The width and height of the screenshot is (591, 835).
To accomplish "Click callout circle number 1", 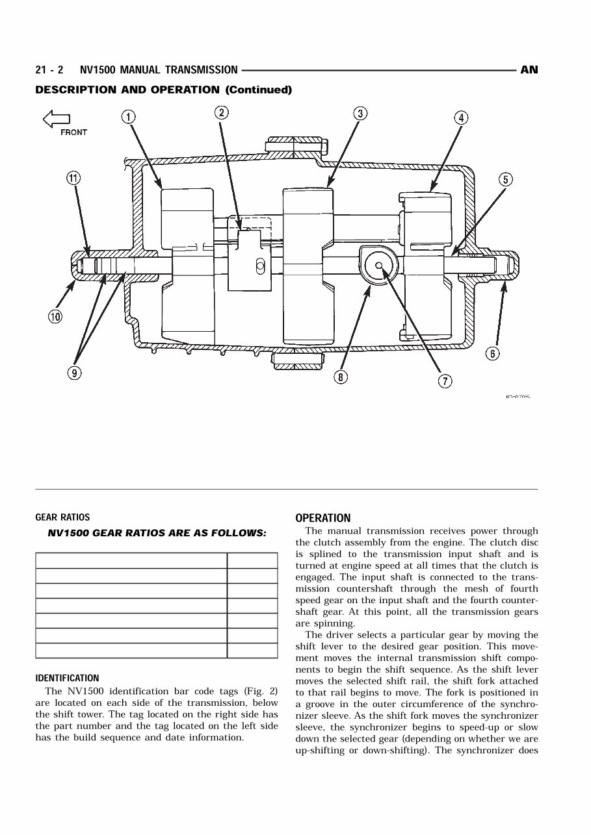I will (x=129, y=117).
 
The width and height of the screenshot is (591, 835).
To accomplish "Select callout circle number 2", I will (x=222, y=112).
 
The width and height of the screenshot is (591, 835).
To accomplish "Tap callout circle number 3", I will (x=360, y=114).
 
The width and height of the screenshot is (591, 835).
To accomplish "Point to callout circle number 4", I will (x=460, y=118).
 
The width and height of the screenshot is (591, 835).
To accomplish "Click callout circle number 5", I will (x=506, y=180).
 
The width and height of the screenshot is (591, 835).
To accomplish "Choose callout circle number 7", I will (x=445, y=381).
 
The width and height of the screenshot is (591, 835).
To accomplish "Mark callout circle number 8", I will (x=340, y=377).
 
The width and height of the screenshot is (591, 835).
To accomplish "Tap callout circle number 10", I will (x=55, y=317).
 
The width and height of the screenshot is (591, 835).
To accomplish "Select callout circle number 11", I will (x=73, y=178).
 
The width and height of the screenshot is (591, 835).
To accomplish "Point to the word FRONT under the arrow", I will (x=73, y=132).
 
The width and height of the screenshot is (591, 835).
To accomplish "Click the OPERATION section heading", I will (x=322, y=518).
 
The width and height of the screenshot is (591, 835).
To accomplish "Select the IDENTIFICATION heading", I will (x=67, y=679).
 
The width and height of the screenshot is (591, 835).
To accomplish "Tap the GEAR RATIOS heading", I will (x=62, y=517).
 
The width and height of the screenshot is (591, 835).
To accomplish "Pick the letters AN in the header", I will (x=529, y=70).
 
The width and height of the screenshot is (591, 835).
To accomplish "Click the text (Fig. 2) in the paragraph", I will (x=261, y=691).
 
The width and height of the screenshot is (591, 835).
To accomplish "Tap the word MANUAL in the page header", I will (x=142, y=70).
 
